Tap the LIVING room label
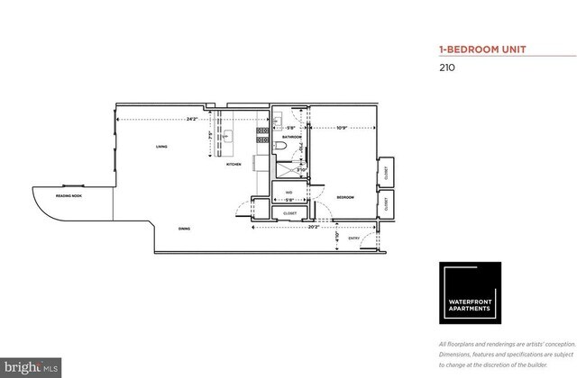coord(160,146)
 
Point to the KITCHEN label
coord(233,165)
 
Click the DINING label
coord(183,229)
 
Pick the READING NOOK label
coord(69,194)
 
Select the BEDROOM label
coord(345,197)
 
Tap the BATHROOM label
coord(291,162)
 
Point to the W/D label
coord(288,192)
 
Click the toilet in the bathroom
coord(281,147)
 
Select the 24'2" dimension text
coord(192,120)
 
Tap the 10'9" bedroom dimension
coord(343,127)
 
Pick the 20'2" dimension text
coord(313,226)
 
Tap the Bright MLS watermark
coord(31,367)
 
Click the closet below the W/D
coord(289,213)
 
